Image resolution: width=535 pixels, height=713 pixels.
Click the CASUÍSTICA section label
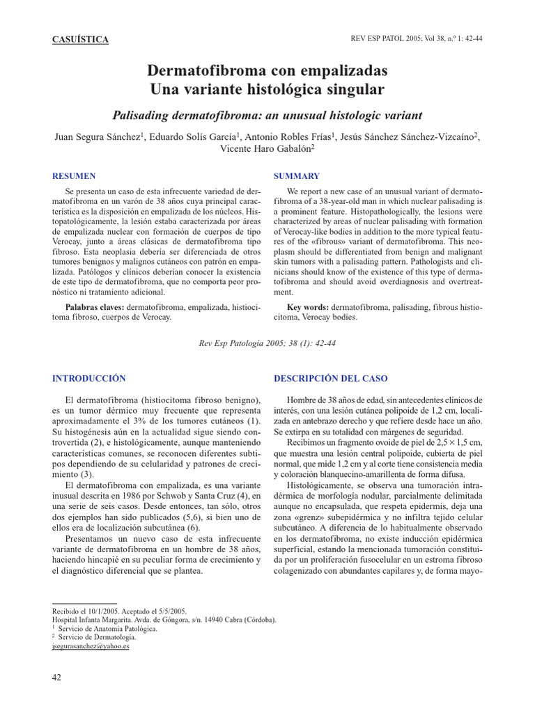[81, 40]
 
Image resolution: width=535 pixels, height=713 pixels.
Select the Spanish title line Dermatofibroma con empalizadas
[267, 71]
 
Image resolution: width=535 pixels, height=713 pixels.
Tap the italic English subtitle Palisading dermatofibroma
[267, 115]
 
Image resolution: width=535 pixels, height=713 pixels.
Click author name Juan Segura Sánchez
[98, 136]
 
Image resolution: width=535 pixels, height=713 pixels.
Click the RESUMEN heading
[75, 176]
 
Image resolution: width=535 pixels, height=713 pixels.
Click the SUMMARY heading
[297, 176]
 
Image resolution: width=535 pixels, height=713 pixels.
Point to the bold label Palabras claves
[95, 307]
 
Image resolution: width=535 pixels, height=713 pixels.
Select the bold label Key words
[308, 307]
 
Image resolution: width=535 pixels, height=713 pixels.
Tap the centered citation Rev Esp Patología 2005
[267, 343]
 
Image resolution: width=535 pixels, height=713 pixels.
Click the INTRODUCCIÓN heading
[90, 378]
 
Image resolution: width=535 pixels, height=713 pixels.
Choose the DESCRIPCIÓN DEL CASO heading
[331, 378]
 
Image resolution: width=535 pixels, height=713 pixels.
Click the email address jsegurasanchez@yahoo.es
[91, 645]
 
